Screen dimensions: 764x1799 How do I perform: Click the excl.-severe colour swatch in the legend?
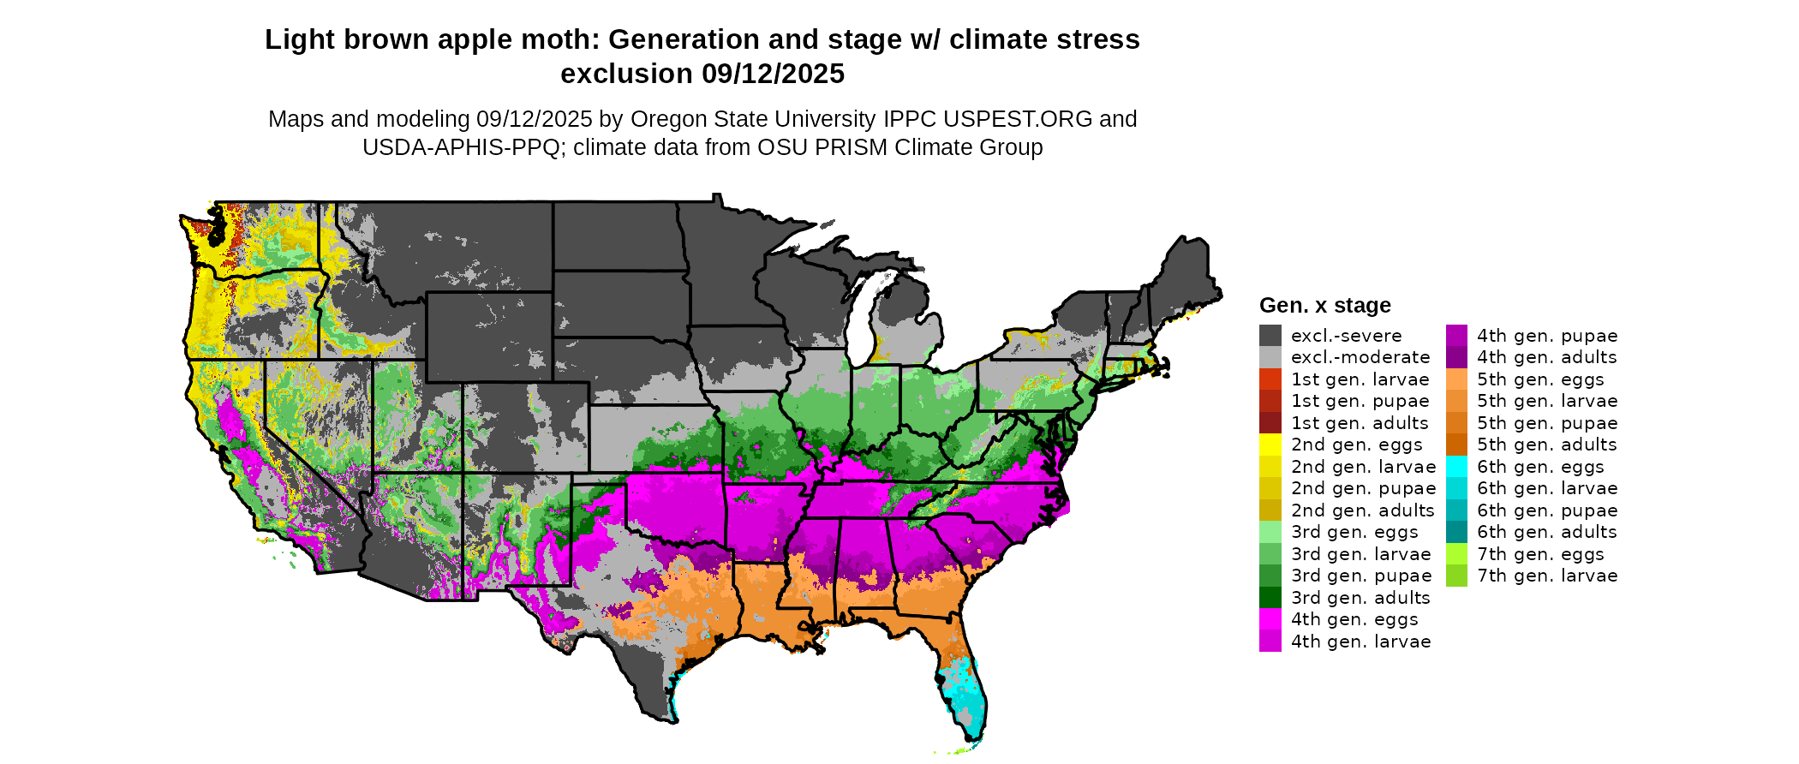[1270, 336]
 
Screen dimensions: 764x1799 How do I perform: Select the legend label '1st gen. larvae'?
[1360, 379]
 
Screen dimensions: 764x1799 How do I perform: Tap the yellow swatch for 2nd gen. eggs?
[1270, 445]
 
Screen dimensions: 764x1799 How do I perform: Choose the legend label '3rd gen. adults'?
[1360, 598]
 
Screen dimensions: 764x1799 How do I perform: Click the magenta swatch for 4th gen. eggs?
[1270, 619]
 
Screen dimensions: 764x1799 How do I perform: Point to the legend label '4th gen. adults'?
[1546, 357]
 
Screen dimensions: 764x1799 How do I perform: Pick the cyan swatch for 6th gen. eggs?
[1456, 467]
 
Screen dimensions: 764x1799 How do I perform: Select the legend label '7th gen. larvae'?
[1547, 576]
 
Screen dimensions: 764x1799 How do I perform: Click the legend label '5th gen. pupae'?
[1547, 423]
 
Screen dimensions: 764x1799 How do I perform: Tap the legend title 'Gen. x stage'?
[1324, 306]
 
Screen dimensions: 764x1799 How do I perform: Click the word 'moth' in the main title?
[565, 40]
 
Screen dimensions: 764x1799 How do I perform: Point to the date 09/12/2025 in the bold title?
[773, 75]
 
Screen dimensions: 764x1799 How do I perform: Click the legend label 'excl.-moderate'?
[1360, 357]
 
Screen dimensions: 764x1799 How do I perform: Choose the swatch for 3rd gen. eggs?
[1270, 532]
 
